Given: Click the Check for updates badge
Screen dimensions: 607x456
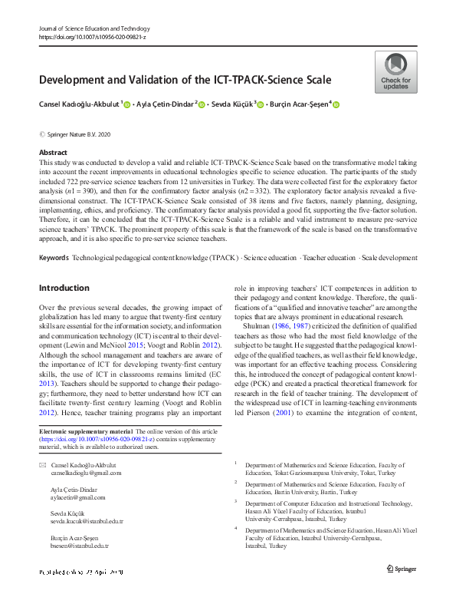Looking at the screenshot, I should [395, 71].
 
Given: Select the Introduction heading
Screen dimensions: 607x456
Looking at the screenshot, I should [64, 266].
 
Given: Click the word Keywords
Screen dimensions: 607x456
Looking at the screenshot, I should [54, 235].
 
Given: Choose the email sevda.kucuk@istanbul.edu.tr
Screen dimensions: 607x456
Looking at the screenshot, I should [87, 521].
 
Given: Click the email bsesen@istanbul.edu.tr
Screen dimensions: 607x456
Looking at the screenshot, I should [79, 545].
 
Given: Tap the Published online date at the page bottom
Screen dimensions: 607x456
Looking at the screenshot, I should [80, 572].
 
